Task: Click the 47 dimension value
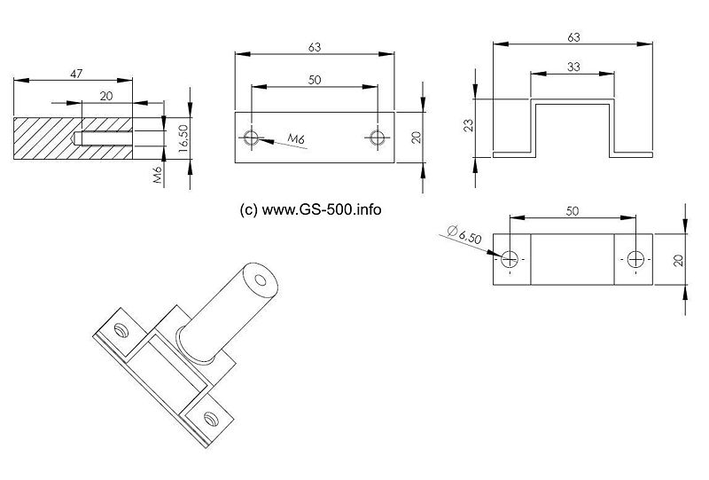(x=76, y=74)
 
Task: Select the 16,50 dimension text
(x=183, y=138)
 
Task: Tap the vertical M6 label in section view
(x=158, y=174)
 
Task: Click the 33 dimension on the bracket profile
(x=573, y=67)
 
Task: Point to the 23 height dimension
(x=469, y=125)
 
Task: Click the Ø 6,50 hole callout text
(x=464, y=234)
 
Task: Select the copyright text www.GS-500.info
(x=311, y=209)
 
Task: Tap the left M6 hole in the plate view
(x=251, y=138)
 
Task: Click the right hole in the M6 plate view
(x=377, y=138)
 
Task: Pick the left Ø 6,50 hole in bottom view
(x=510, y=259)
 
